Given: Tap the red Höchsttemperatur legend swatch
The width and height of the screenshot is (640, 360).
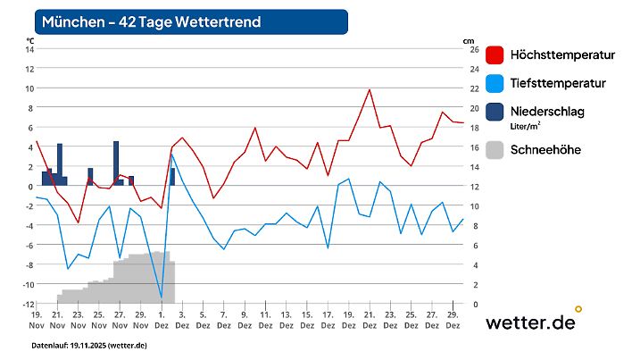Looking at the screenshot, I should point(495,54).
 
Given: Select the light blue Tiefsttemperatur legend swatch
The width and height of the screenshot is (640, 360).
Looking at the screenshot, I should point(495,83).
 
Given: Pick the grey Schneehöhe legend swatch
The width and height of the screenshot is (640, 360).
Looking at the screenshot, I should point(495,149).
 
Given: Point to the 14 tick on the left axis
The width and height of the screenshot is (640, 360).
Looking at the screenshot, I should point(29,49).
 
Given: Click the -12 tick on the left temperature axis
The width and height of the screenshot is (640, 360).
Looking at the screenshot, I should point(28,304).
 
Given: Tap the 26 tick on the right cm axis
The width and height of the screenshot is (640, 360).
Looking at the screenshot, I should point(473,49).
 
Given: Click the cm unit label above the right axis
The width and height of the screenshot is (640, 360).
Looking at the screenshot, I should point(469,39).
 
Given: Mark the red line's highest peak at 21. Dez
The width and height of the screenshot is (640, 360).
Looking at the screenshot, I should point(370,89).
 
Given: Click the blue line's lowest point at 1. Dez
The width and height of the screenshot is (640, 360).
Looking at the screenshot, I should point(162,297).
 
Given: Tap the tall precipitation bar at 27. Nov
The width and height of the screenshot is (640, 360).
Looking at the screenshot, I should point(116,163).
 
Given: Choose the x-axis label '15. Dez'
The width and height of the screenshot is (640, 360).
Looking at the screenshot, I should point(307,321).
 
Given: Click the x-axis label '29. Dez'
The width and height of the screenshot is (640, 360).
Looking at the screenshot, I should point(453,321).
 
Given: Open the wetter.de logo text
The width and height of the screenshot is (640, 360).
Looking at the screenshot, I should point(529,322).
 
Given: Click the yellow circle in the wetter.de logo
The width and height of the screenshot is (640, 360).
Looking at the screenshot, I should point(578,309).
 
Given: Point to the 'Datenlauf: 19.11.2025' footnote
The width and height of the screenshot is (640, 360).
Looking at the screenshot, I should point(89,345).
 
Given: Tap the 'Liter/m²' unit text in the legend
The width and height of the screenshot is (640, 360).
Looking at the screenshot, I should point(526,127).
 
